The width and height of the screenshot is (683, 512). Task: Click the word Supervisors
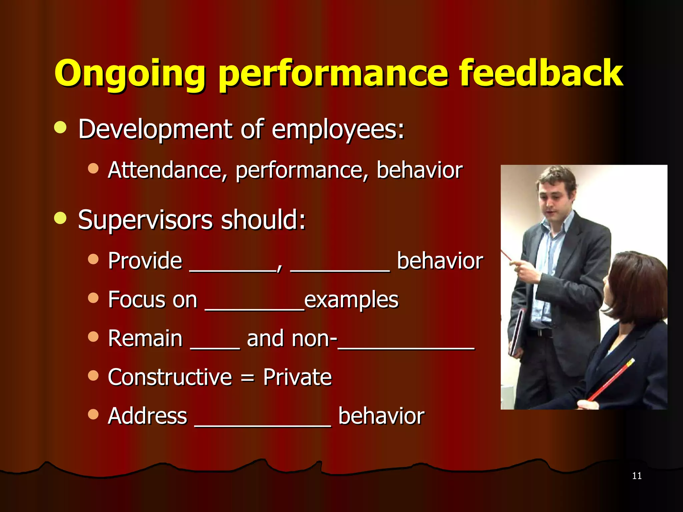click(x=145, y=220)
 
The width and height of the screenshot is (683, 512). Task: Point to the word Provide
click(x=145, y=261)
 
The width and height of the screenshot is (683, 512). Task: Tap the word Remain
click(x=145, y=339)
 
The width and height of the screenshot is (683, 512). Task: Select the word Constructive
click(x=170, y=377)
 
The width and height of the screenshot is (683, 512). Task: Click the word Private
click(x=297, y=377)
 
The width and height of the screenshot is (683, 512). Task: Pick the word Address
click(x=147, y=416)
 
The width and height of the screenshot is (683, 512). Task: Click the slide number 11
click(x=637, y=476)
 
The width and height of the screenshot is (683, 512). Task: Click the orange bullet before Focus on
click(x=93, y=298)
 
